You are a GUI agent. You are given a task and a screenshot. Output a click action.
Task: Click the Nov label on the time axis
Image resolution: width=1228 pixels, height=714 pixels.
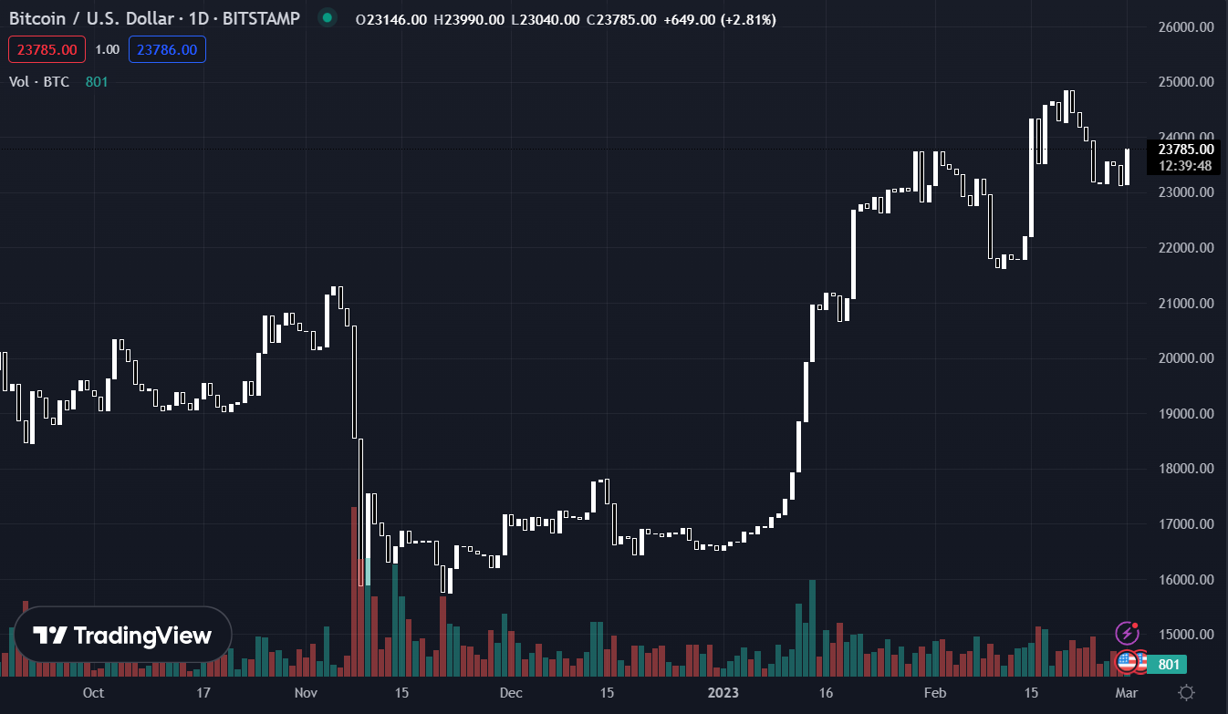(306, 692)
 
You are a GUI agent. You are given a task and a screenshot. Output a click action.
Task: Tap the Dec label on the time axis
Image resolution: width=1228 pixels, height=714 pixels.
(511, 692)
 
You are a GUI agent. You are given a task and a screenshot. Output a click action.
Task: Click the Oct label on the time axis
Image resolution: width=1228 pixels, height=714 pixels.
(93, 692)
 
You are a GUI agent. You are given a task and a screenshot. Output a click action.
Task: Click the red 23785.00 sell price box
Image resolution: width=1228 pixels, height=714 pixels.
(47, 49)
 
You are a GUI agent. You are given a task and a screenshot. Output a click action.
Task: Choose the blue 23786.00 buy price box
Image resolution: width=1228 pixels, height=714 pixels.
(167, 49)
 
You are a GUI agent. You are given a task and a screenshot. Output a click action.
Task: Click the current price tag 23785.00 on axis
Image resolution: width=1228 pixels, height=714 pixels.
(1186, 150)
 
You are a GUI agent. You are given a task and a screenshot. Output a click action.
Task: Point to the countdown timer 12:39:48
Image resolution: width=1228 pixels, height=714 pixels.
(1186, 165)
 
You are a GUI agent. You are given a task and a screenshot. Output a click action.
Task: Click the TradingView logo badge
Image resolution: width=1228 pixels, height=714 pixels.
(122, 635)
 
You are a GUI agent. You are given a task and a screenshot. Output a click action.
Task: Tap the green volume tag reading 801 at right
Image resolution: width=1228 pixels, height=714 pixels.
(1168, 664)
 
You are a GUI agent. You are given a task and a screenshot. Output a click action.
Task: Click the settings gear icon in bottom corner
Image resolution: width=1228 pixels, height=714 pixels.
(1186, 692)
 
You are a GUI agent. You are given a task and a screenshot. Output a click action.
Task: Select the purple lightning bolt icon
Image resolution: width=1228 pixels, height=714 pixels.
(1128, 633)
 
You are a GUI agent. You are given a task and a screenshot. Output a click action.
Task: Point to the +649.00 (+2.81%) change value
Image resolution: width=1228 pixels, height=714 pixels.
(720, 19)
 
